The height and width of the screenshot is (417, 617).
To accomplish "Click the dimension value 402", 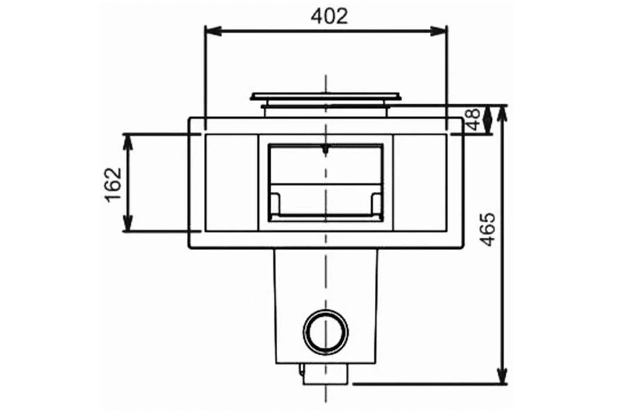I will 329,16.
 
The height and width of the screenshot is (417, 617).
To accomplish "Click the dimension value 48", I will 475,120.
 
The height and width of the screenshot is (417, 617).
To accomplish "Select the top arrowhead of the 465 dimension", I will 503,112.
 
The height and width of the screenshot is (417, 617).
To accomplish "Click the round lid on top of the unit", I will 325,96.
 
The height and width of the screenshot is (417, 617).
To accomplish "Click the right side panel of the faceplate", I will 420,183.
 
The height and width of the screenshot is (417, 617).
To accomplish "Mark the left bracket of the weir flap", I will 275,203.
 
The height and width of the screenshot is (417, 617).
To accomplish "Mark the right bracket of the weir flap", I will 376,203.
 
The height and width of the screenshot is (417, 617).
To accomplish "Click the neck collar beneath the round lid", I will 325,107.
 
